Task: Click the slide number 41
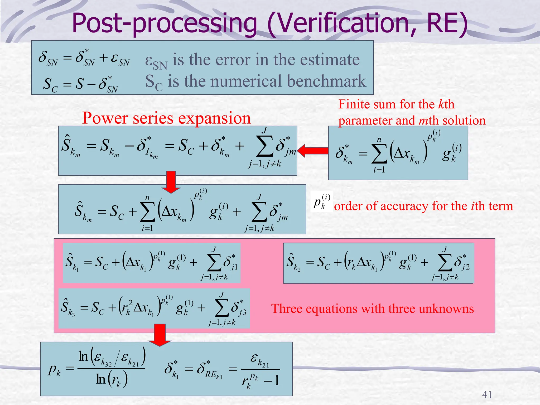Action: pyautogui.click(x=487, y=394)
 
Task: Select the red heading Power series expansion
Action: pyautogui.click(x=166, y=118)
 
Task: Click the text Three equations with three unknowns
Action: pyautogui.click(x=372, y=308)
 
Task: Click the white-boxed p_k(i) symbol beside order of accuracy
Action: pyautogui.click(x=321, y=202)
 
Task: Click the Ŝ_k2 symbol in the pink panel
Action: pyautogui.click(x=293, y=262)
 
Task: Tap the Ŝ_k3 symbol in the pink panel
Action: pyautogui.click(x=67, y=307)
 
